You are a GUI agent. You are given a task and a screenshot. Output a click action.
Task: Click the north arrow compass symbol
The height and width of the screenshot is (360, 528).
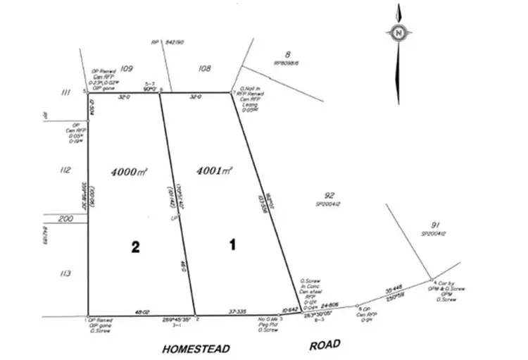[x=398, y=32]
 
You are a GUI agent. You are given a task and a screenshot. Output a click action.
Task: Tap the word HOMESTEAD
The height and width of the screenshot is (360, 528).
[x=196, y=348]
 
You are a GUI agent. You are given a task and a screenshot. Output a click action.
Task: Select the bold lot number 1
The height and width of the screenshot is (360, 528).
[x=232, y=245]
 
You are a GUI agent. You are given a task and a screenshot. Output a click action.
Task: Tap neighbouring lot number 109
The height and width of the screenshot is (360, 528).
[x=127, y=68]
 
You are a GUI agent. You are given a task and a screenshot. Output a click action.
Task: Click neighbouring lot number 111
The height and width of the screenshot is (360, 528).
[x=67, y=92]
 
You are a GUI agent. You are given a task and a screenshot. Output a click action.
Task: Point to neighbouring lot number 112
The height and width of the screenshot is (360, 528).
[x=67, y=170]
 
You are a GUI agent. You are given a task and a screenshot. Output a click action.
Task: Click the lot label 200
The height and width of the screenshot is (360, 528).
[x=66, y=220]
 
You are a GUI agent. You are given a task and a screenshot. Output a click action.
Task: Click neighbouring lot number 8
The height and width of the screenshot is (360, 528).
[x=287, y=54]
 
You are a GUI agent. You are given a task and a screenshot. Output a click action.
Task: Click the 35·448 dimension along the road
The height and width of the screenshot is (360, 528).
[x=393, y=289]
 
